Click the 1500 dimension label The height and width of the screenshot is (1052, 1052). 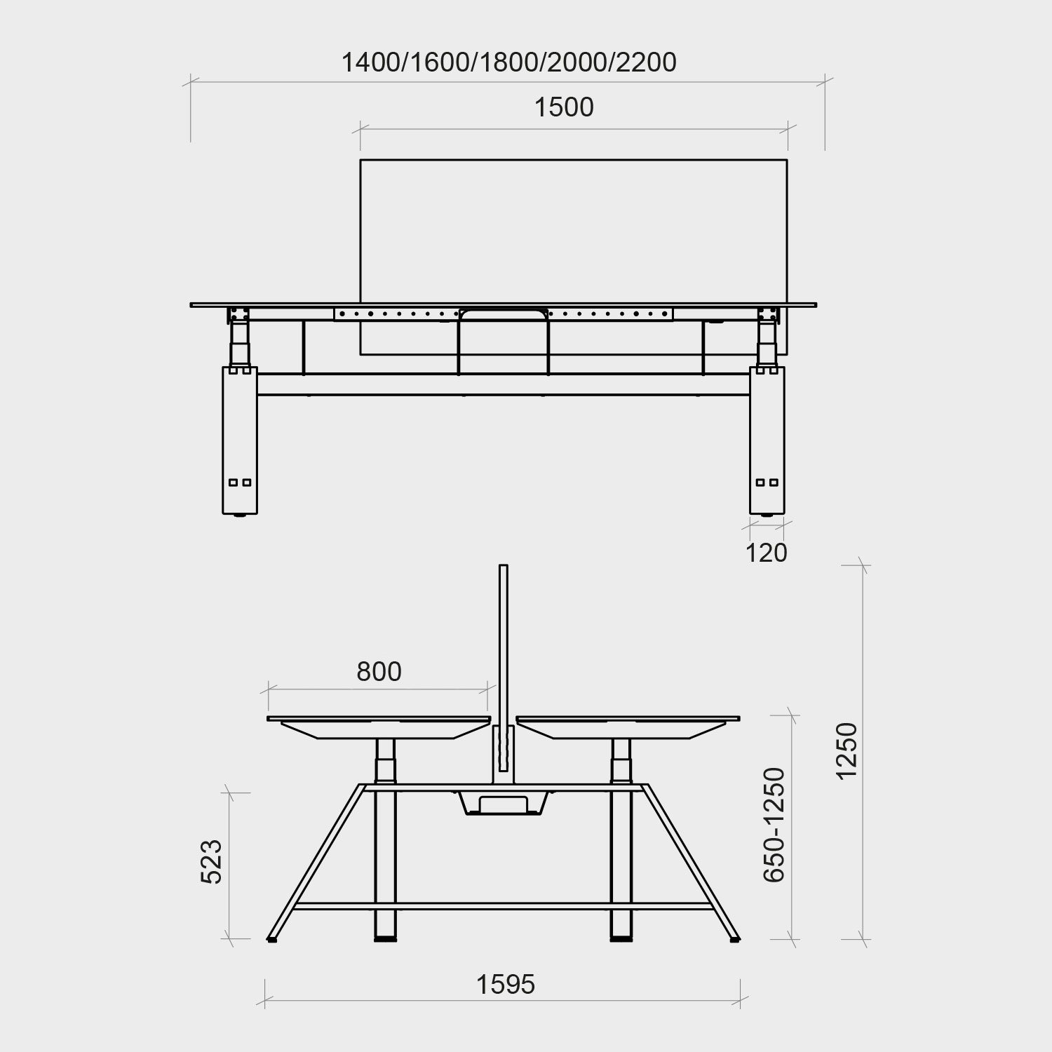[x=564, y=107]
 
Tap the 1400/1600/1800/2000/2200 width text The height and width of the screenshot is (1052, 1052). [x=508, y=62]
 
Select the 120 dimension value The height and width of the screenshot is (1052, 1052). [x=766, y=553]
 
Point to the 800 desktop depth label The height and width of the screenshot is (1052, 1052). [x=379, y=672]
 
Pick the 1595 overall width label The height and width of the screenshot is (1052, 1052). [x=506, y=985]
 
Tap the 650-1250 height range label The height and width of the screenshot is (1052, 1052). [x=774, y=825]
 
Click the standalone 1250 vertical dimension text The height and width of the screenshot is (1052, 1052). [x=847, y=750]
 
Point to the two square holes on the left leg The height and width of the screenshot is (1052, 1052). [x=240, y=483]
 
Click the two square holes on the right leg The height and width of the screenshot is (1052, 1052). [x=767, y=483]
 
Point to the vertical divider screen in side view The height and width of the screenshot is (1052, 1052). [x=502, y=645]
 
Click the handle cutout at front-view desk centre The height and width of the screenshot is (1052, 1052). [x=504, y=315]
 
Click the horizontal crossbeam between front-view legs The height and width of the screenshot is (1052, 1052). [x=504, y=384]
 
